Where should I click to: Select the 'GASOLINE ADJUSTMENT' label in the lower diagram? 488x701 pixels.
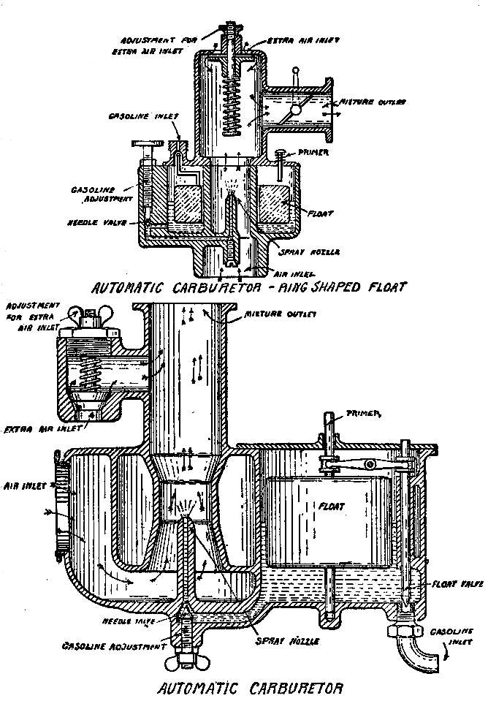pos(111,645)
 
